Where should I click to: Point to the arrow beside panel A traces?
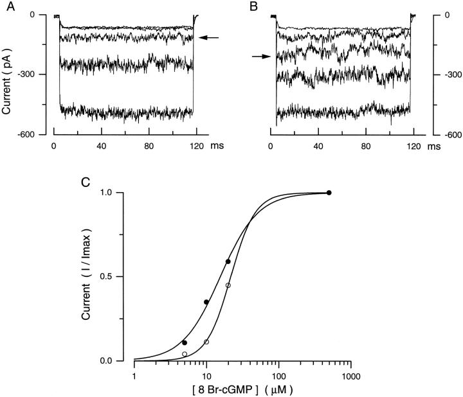click(209, 38)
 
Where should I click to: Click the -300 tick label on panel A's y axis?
click(33, 75)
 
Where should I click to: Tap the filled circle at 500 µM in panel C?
click(329, 193)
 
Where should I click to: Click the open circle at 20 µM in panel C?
click(228, 285)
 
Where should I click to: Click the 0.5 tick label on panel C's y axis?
click(116, 277)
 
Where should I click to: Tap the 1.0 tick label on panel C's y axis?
click(116, 193)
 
